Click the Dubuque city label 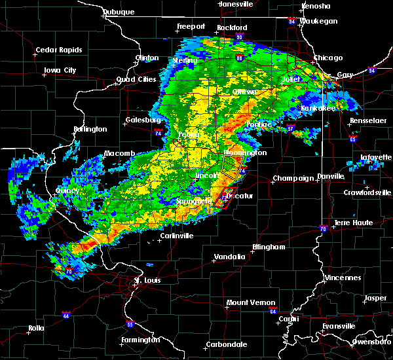click(x=119, y=12)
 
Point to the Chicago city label click(x=327, y=58)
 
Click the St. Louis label click(x=147, y=281)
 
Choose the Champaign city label click(x=293, y=178)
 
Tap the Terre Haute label click(x=353, y=223)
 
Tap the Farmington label click(x=141, y=340)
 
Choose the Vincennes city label click(x=343, y=278)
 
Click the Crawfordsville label click(x=367, y=192)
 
